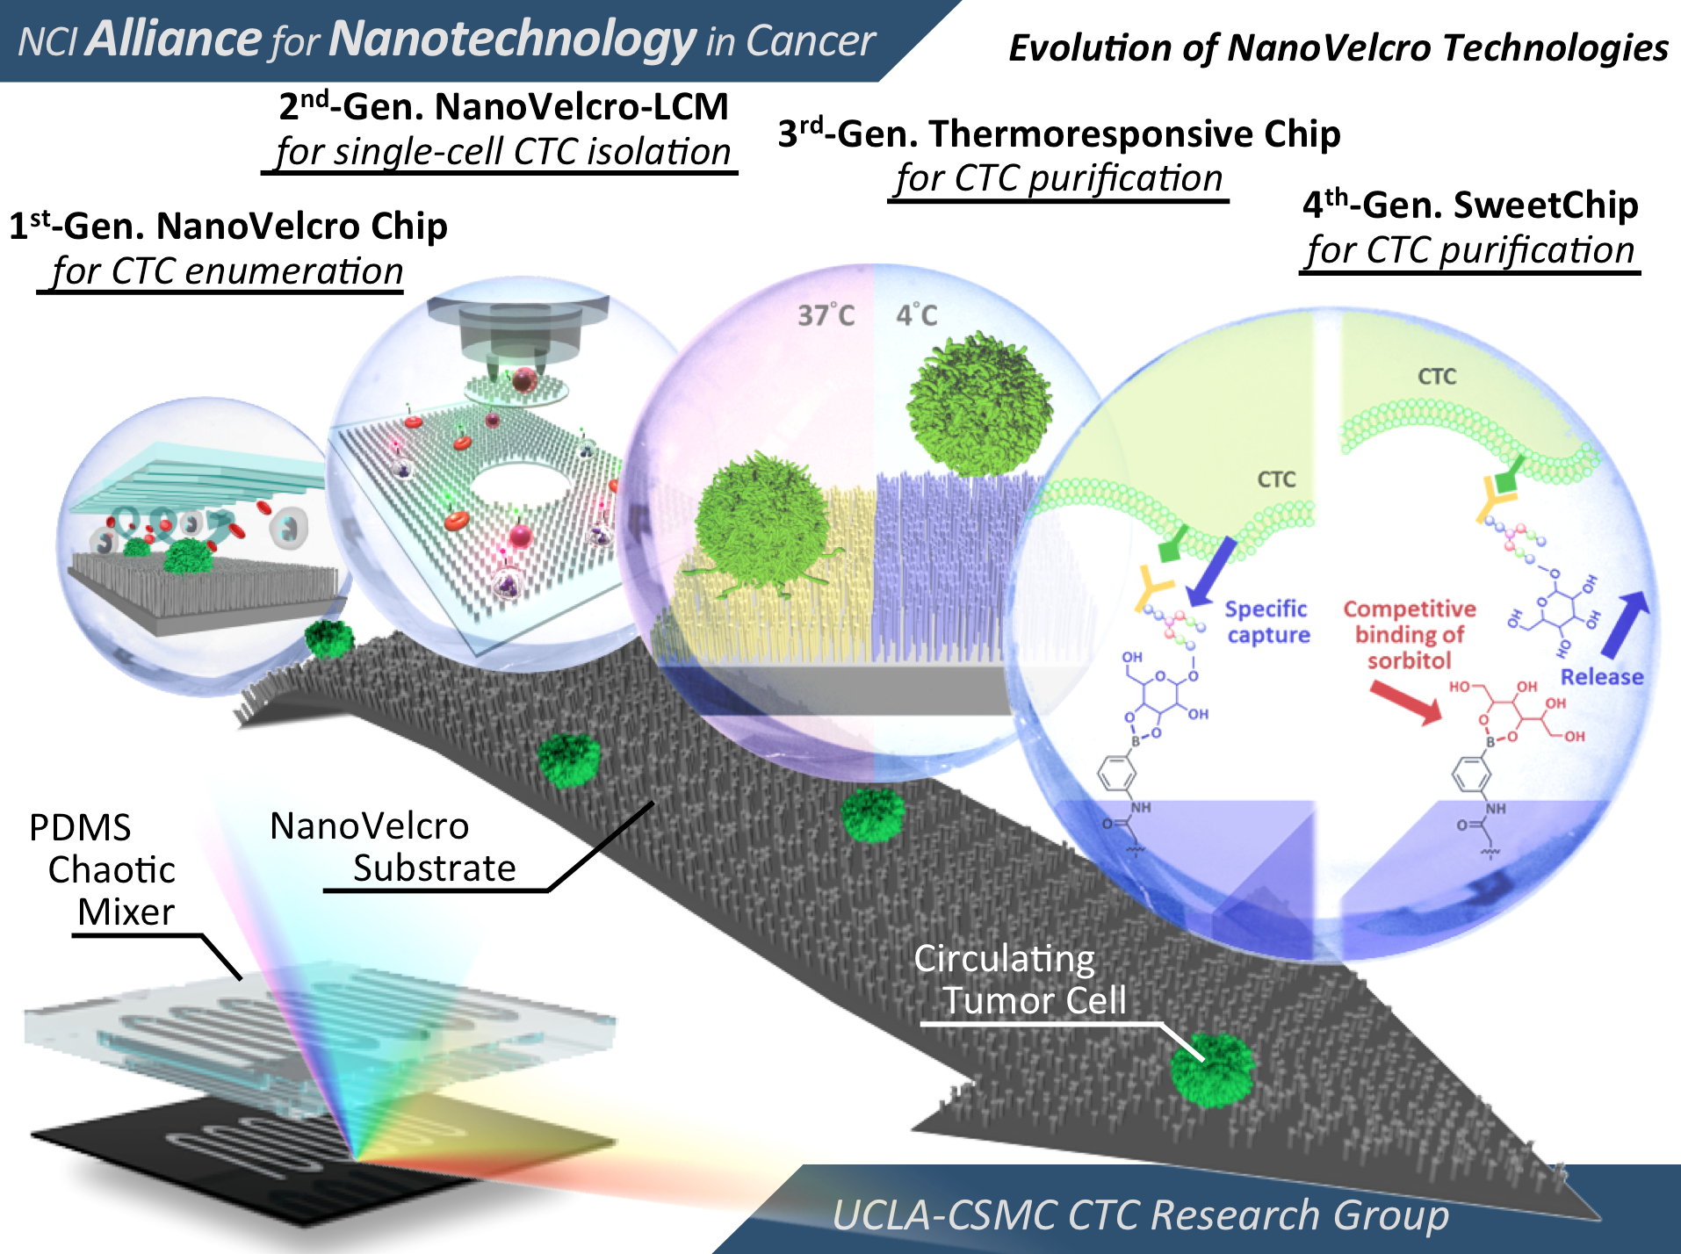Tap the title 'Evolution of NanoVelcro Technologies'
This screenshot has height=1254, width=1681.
click(1338, 48)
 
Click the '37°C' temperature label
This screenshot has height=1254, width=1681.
click(826, 315)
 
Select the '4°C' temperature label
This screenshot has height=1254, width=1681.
click(916, 315)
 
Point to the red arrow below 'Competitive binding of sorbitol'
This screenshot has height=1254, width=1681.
click(1405, 703)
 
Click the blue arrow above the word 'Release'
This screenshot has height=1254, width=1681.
click(1626, 624)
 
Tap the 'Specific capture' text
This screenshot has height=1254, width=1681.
click(1267, 622)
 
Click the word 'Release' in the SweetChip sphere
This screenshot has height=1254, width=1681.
click(1601, 677)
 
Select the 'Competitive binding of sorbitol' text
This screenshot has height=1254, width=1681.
click(1409, 634)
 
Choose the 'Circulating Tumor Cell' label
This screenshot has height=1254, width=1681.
click(1019, 979)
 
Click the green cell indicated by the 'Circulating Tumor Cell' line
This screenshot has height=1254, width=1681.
click(1212, 1070)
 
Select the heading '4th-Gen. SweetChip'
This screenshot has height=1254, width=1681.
click(1469, 205)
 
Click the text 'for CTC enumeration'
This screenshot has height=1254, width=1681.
click(227, 271)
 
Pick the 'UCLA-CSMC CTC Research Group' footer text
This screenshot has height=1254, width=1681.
click(1139, 1215)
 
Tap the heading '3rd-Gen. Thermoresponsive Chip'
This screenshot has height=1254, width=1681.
click(1058, 134)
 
